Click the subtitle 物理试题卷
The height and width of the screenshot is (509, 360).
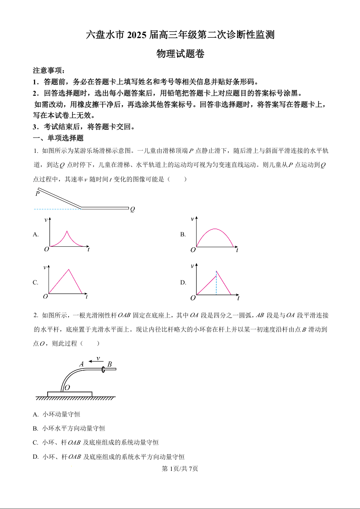[180, 54]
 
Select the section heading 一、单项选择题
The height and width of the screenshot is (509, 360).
[58, 138]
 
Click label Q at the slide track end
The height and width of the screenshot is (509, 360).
[133, 210]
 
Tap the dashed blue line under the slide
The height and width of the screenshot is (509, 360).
[57, 209]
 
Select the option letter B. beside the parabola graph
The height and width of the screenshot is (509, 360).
[183, 235]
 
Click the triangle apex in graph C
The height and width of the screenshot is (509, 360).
[69, 269]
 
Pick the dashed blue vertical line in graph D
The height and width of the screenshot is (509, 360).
[217, 284]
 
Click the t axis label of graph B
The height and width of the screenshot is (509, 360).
[237, 250]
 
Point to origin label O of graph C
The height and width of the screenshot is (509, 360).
[45, 297]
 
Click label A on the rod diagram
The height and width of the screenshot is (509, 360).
[82, 364]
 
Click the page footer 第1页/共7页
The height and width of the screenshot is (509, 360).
[180, 469]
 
